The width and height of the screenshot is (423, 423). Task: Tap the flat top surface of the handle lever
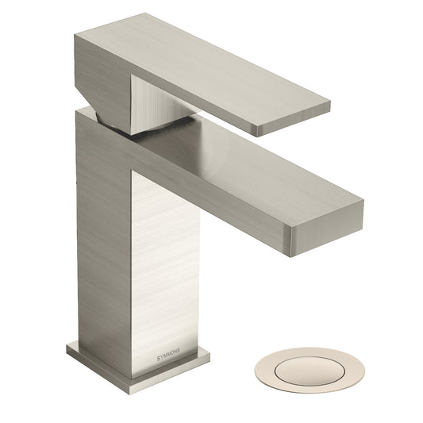tap(206, 67)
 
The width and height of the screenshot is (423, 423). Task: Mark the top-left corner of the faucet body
tap(79, 112)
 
